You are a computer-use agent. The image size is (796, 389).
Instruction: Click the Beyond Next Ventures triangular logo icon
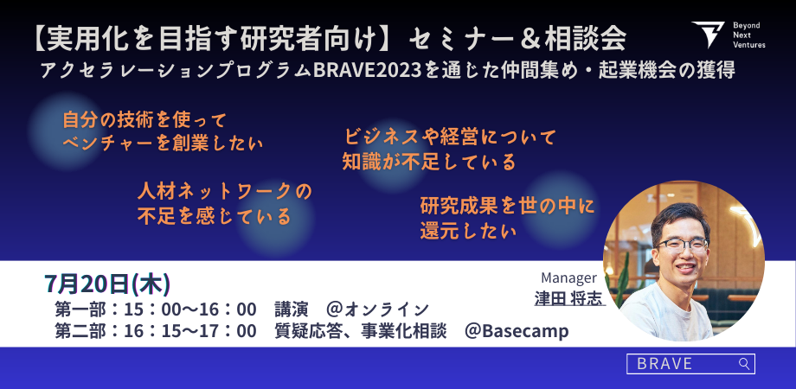tap(708, 35)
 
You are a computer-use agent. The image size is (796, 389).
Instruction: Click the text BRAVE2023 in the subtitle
tap(368, 71)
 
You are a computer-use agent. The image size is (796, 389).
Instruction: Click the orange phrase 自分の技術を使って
tap(144, 121)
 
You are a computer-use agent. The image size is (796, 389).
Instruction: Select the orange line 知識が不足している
tap(429, 162)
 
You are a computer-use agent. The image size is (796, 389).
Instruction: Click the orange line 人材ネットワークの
tap(224, 192)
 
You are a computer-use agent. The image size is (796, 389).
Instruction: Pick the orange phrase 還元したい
tap(468, 231)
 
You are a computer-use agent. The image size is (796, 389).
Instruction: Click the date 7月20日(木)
tap(107, 284)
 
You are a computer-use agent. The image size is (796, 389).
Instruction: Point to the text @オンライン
tap(378, 309)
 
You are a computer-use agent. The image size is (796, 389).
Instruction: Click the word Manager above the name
tap(568, 278)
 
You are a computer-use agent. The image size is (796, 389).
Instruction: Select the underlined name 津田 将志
tap(570, 298)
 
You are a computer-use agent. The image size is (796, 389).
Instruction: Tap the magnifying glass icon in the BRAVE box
tap(744, 364)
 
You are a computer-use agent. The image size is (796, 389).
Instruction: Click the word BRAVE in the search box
tap(664, 364)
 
